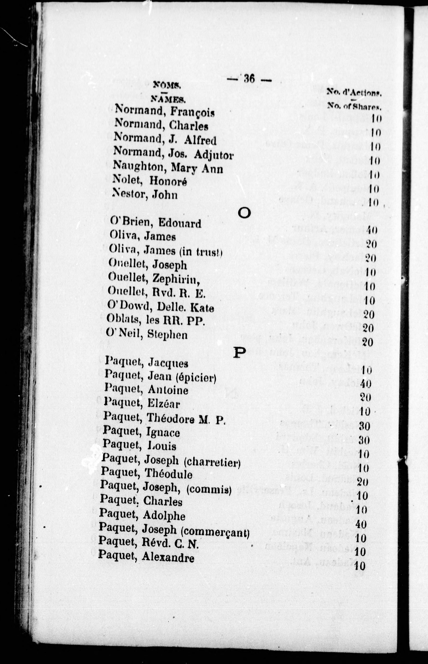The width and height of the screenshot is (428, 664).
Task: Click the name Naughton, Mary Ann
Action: (x=168, y=167)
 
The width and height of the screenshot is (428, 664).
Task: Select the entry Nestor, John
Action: (x=145, y=193)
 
